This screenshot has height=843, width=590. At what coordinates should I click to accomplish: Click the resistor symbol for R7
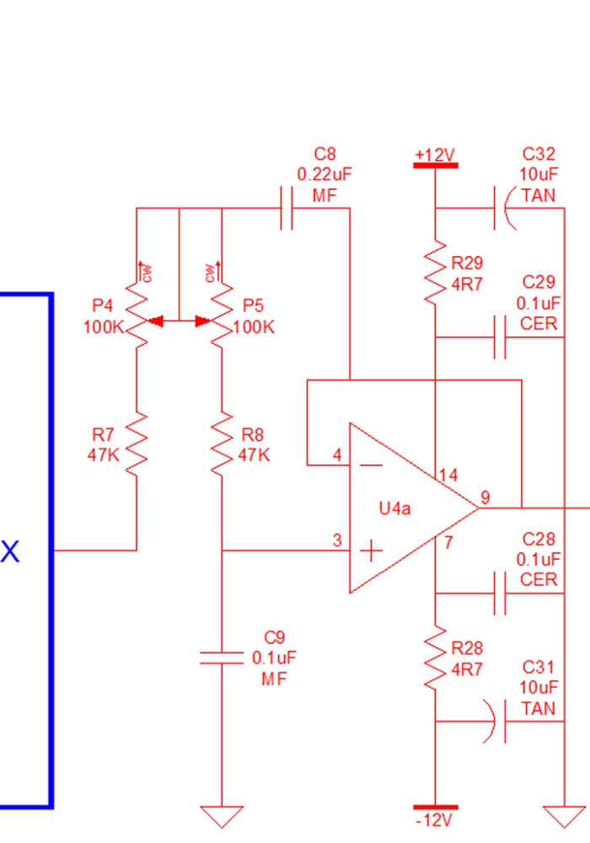click(137, 444)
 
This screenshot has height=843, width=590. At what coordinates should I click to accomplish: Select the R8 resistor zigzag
click(222, 444)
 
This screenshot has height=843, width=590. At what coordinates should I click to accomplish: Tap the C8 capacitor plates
click(287, 208)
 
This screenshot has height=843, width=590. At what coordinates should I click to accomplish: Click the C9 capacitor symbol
click(222, 658)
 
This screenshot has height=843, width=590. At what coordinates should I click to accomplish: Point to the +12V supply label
click(435, 155)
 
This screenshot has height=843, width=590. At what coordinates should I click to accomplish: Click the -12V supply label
click(434, 820)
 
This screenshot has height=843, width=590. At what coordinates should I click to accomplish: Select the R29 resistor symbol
click(435, 273)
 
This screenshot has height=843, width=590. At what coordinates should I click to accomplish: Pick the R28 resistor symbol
click(435, 658)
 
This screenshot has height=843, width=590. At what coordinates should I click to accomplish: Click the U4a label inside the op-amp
click(395, 508)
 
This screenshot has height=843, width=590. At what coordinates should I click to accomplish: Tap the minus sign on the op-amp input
click(371, 465)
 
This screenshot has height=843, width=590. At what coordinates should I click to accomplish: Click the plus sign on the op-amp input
click(371, 551)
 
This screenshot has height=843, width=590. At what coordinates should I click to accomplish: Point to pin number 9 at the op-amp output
click(485, 497)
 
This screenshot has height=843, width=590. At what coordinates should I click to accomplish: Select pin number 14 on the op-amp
click(448, 475)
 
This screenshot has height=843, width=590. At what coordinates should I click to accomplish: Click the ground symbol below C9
click(222, 816)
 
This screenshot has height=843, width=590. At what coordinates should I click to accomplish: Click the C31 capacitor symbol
click(497, 721)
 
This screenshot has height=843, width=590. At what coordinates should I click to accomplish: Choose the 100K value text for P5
click(254, 327)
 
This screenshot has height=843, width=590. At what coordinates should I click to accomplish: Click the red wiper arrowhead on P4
click(155, 321)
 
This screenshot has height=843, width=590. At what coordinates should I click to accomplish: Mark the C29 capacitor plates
click(500, 337)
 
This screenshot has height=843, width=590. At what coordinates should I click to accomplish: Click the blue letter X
click(9, 551)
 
